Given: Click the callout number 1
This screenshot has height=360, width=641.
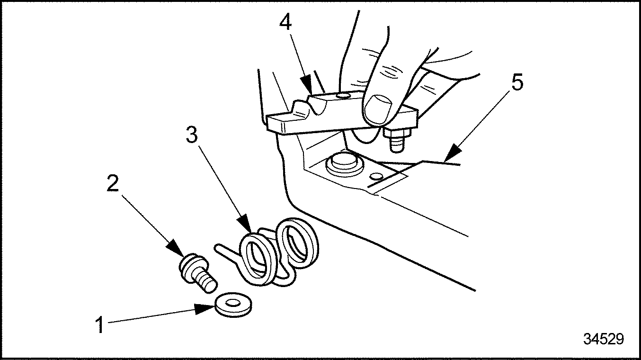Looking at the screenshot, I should pyautogui.click(x=99, y=325).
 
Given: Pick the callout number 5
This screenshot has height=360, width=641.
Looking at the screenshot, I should pyautogui.click(x=517, y=82).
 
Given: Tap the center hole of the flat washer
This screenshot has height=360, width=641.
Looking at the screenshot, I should pyautogui.click(x=232, y=302).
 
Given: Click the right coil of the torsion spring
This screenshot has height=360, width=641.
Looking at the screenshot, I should pyautogui.click(x=297, y=242).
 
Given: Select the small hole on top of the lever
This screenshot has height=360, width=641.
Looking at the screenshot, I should pyautogui.click(x=342, y=96).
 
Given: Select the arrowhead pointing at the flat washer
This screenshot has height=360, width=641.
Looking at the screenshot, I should pyautogui.click(x=205, y=309).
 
